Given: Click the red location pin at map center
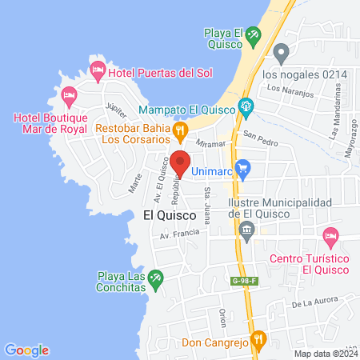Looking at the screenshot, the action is coord(180,162).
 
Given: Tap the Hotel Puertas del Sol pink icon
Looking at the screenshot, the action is coord(98,71).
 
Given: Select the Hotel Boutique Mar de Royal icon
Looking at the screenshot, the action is coord(70,98).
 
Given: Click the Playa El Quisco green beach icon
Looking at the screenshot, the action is coord(254,34).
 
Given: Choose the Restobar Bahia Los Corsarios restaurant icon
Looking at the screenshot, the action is coord(182,128).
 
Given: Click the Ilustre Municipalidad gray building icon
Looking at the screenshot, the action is coord(246,233).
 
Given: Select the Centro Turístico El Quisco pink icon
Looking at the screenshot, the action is coord(330,236).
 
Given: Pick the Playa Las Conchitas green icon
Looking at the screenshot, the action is coord(156,278).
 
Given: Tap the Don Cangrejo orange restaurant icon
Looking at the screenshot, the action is coord(258,339).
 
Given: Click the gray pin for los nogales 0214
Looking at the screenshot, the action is coord(281,54).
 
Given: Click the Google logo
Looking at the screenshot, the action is coord(27,350).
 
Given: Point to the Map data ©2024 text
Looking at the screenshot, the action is coord(325,354).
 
